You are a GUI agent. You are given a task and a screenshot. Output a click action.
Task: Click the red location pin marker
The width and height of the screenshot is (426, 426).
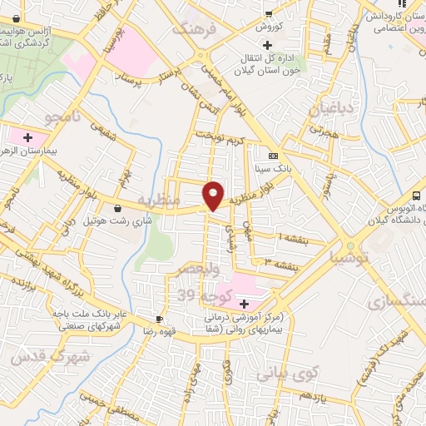213,195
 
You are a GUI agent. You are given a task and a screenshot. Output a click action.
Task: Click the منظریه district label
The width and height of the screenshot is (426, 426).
158,201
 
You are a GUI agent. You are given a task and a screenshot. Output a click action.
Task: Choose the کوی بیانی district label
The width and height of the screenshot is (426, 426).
283,374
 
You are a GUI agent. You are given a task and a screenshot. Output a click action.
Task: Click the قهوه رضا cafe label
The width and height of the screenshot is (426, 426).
136,330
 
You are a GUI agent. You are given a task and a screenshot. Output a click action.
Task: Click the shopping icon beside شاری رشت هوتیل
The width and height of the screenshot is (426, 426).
117,207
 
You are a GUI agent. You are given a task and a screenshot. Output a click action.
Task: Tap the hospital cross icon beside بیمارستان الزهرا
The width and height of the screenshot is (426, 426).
28,136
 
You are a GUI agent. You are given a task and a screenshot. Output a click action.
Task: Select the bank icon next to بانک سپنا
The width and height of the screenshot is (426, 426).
272,156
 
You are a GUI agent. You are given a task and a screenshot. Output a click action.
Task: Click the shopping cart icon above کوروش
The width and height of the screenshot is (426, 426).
269,12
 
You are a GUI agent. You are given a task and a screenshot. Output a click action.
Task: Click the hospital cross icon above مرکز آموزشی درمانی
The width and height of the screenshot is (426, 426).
243,305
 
